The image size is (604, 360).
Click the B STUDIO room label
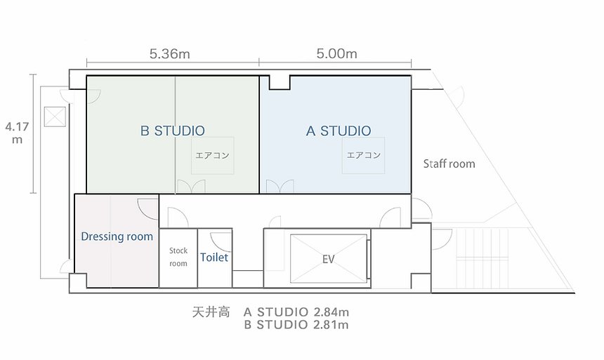click(173, 131)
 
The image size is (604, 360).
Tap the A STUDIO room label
click(339, 131)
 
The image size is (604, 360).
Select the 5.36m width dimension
click(170, 53)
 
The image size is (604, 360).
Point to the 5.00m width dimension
click(336, 53)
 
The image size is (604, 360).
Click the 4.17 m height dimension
click(17, 133)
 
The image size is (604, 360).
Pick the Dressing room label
click(117, 236)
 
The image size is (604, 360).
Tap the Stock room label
click(178, 257)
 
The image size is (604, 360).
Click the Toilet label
click(214, 258)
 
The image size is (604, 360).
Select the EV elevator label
click(328, 259)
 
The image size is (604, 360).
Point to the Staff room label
click(449, 164)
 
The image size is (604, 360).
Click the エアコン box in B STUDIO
click(213, 156)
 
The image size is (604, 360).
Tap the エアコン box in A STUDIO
click(363, 155)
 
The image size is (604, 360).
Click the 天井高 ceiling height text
click(211, 312)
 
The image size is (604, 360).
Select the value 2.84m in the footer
click(331, 312)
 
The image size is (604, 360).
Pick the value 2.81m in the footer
click(331, 325)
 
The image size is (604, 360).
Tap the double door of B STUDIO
click(190, 187)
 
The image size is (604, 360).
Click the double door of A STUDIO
click(280, 187)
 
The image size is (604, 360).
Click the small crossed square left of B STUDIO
click(55, 116)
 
